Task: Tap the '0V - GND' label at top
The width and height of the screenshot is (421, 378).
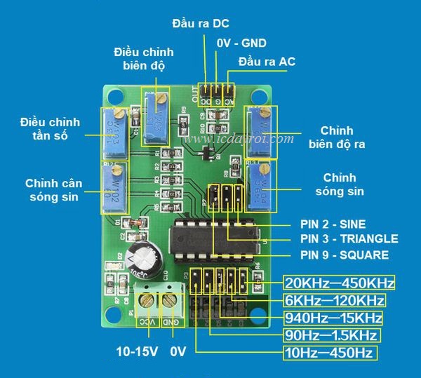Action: (241, 43)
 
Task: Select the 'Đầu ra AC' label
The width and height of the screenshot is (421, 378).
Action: (267, 62)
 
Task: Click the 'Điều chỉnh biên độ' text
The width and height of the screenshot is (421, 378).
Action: (143, 59)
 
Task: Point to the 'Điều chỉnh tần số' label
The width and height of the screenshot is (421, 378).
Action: (50, 129)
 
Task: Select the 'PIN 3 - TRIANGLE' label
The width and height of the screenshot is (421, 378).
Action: (349, 239)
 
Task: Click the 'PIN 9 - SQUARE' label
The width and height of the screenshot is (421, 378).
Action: (344, 255)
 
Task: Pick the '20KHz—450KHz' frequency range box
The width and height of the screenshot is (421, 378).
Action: (340, 283)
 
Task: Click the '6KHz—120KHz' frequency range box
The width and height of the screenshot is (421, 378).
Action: (334, 300)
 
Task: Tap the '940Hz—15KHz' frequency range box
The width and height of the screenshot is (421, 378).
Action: (334, 318)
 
